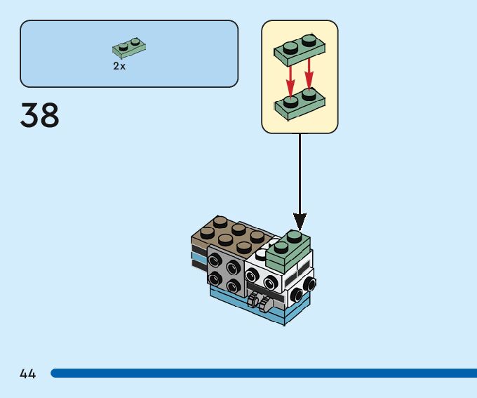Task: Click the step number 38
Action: tap(40, 115)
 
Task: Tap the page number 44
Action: tap(28, 374)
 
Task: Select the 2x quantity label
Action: tap(119, 66)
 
